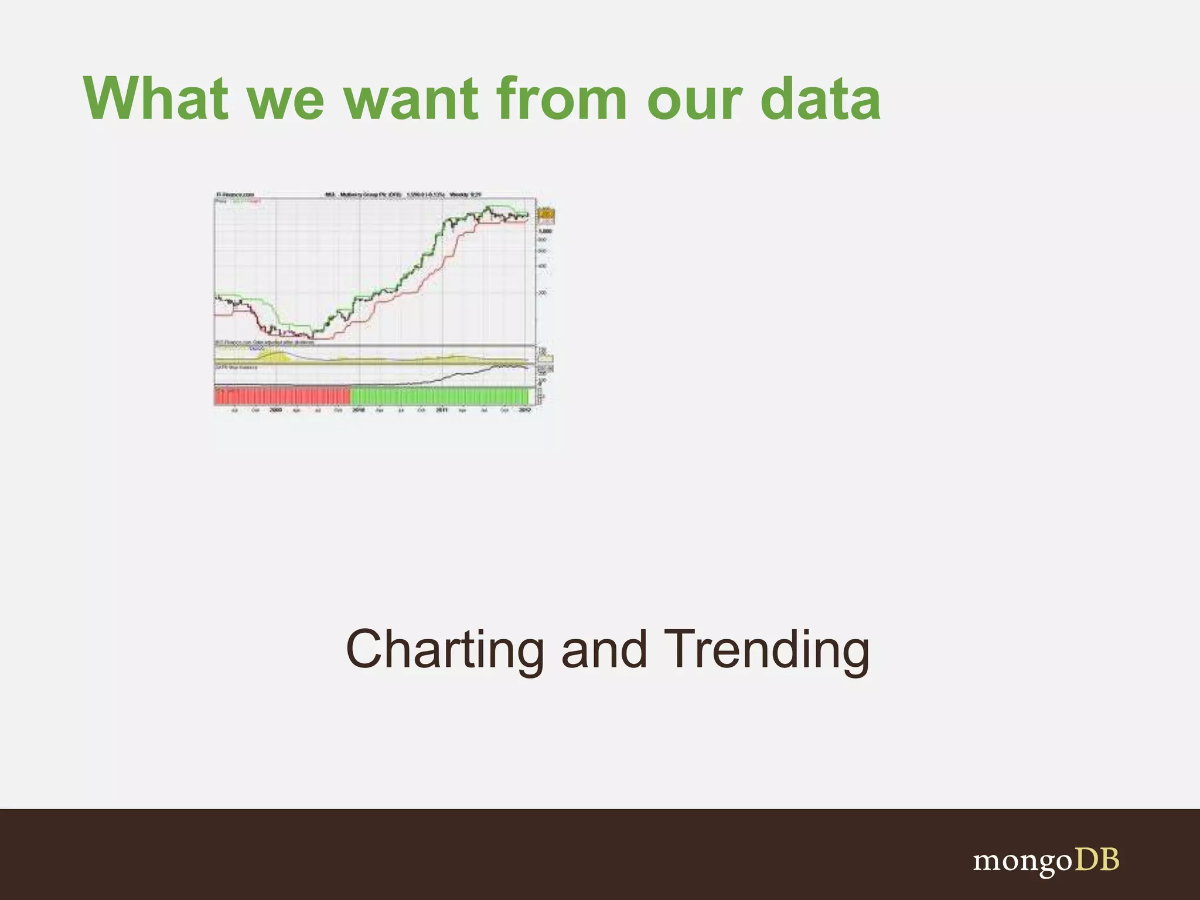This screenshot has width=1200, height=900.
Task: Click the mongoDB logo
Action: (x=1046, y=860)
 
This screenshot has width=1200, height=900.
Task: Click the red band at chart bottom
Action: (x=281, y=396)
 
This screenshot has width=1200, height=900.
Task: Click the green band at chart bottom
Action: (x=439, y=396)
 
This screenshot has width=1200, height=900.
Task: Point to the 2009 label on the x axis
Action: (x=276, y=410)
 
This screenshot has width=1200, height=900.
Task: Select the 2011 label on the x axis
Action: (x=442, y=410)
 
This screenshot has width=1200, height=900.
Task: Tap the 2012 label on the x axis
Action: (x=525, y=410)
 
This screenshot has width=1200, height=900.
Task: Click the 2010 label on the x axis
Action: (x=359, y=410)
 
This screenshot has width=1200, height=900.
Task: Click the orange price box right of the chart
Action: (x=546, y=216)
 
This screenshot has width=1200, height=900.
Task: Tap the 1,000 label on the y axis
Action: (x=545, y=231)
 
